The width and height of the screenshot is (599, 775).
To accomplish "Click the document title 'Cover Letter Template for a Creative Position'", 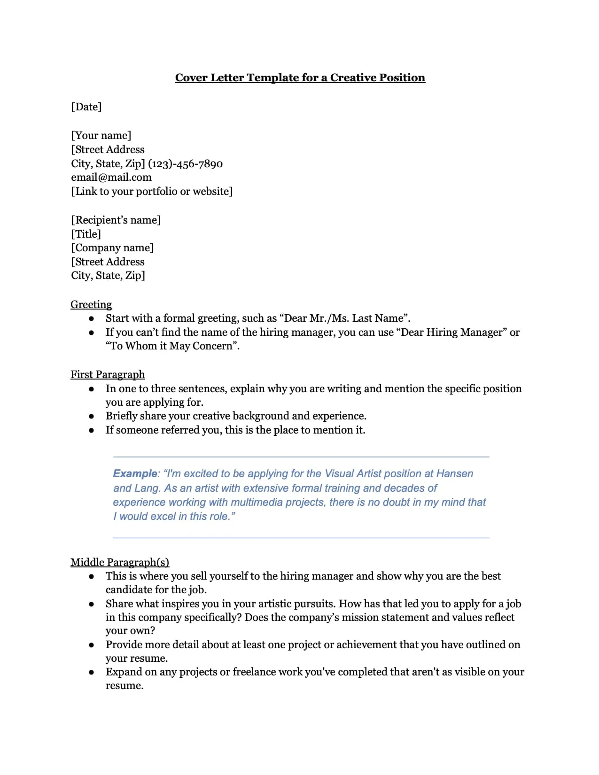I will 300,78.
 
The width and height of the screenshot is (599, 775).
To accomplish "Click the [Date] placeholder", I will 86,107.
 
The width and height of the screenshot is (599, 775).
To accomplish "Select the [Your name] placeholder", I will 101,136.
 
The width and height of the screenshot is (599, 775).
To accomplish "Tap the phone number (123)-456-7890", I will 185,164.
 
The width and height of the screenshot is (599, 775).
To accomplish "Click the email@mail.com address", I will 111,178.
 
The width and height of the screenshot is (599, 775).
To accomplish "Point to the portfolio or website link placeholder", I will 152,192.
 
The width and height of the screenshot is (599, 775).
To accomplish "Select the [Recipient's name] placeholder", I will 116,220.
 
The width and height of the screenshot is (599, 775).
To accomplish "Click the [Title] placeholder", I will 86,234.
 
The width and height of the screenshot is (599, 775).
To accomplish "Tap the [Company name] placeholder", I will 112,248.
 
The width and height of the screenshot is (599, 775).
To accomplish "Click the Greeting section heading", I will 91,305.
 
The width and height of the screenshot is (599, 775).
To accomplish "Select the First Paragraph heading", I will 108,375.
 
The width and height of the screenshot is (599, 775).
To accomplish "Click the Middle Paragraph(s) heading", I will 120,562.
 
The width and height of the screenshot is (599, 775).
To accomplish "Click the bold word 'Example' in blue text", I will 135,473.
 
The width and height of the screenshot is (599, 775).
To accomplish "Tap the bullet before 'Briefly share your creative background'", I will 92,417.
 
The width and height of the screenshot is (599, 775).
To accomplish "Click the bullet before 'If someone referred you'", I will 92,430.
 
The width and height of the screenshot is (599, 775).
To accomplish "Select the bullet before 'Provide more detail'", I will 92,645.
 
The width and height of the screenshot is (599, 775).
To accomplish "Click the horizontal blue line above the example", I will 301,457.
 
